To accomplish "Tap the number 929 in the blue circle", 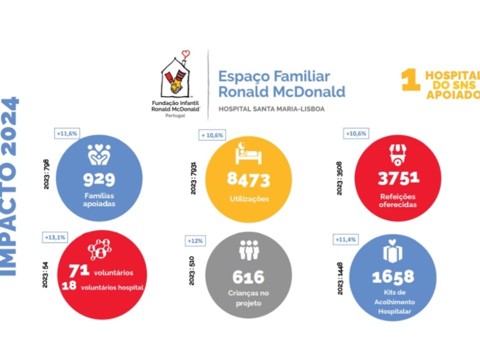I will pyautogui.click(x=99, y=178).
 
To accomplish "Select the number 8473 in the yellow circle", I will pyautogui.click(x=248, y=179).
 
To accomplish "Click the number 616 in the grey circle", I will pyautogui.click(x=248, y=276).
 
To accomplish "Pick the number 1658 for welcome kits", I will pyautogui.click(x=393, y=276).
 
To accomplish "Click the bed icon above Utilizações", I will pyautogui.click(x=247, y=153).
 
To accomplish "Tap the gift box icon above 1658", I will pyautogui.click(x=392, y=251).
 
